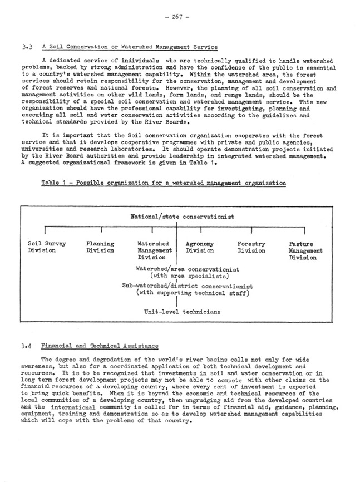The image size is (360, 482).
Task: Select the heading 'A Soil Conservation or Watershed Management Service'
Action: click(130, 47)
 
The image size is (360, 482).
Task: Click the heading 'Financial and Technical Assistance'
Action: click(100, 346)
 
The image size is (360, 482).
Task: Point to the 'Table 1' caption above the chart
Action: click(164, 183)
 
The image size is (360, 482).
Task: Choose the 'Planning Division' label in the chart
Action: click(100, 247)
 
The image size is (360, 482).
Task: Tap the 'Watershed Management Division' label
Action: click(154, 250)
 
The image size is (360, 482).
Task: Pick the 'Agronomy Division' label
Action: click(200, 247)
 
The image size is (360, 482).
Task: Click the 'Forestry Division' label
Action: click(251, 247)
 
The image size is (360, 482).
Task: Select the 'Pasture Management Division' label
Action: click(303, 250)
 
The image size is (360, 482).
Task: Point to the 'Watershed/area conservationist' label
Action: click(188, 269)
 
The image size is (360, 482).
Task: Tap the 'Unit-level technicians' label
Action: click(182, 312)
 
